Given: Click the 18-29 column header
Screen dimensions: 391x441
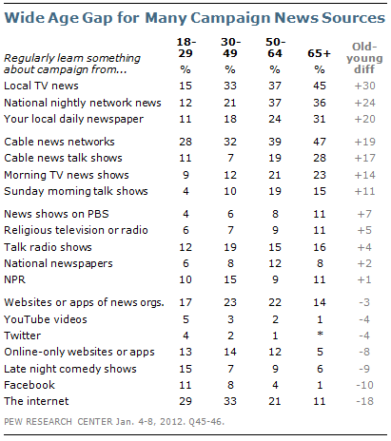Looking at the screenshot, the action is point(186,48).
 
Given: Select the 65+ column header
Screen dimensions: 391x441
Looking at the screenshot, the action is point(319,53).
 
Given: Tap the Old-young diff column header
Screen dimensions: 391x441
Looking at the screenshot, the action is point(364,58).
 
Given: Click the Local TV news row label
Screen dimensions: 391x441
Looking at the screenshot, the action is point(41,86).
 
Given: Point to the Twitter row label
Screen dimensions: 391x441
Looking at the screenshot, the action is point(23,336).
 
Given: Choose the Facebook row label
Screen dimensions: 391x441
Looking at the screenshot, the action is point(29,385).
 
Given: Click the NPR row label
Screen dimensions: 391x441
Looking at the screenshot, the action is point(14,279).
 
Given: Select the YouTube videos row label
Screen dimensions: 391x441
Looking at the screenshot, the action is point(46,319).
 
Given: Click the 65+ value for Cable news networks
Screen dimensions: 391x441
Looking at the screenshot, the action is point(320,142).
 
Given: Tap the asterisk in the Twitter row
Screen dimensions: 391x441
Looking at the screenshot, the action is point(320,334).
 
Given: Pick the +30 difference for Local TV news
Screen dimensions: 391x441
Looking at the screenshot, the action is point(364,86).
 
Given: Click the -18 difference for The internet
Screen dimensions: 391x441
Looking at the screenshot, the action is point(364,401).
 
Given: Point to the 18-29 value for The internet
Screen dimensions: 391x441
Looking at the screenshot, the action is point(186,401).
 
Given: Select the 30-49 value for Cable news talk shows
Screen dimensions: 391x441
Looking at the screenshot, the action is point(230,158).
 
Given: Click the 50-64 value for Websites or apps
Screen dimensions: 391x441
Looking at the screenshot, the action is point(275,302).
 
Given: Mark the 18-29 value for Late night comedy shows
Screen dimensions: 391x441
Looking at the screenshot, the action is point(186,369).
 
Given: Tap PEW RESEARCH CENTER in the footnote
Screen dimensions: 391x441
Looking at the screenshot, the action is point(58,422).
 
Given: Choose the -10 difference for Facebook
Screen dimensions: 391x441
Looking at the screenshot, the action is point(364,385).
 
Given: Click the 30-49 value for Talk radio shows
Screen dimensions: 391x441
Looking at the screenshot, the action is point(230,247).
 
